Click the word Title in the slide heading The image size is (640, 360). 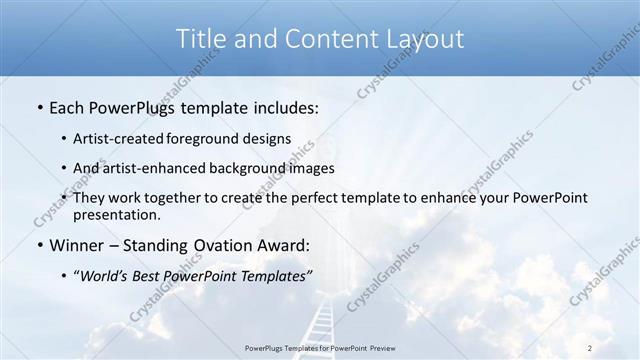pos(201,39)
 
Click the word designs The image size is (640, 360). pos(269,138)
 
